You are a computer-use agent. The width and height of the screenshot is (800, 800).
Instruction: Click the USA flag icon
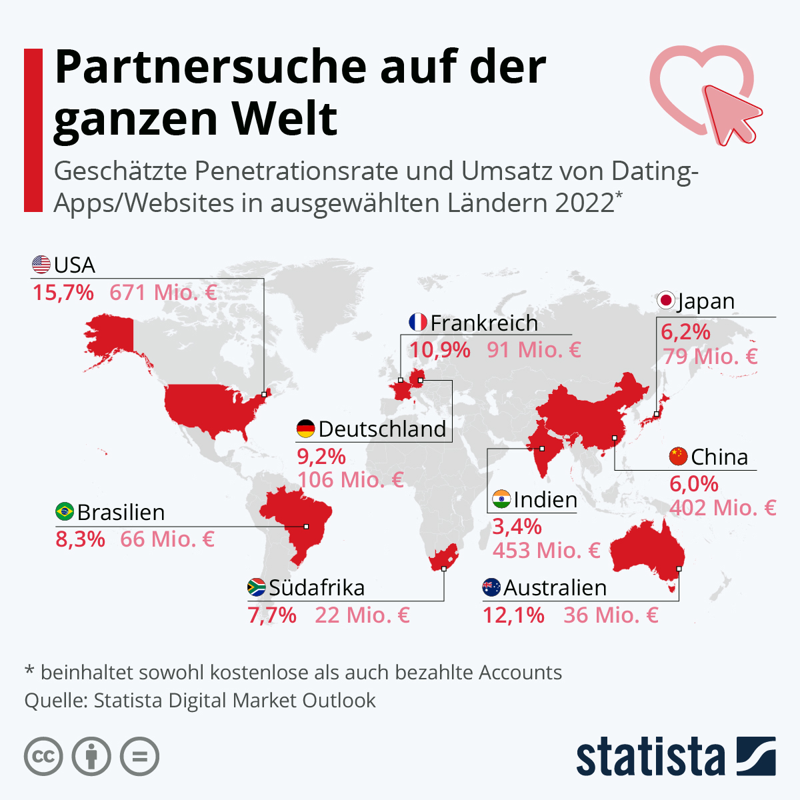(41, 265)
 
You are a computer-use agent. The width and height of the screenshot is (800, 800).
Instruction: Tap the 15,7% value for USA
(63, 292)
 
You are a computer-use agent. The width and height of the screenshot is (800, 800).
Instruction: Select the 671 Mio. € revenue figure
(163, 292)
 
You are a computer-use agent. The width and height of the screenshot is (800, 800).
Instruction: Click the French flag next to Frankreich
(417, 322)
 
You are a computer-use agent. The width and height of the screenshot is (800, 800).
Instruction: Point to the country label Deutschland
(383, 429)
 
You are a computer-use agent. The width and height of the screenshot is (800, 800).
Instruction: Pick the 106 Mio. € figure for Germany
(351, 479)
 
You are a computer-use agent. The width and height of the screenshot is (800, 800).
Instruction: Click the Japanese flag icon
(666, 300)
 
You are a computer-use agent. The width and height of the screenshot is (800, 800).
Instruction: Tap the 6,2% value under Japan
(685, 332)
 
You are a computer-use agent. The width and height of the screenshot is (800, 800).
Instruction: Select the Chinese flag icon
(679, 456)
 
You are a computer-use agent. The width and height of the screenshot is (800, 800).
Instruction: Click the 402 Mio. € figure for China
(723, 507)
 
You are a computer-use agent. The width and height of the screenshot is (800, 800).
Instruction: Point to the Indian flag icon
(501, 499)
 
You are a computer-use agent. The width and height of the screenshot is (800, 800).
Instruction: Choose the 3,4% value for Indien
(517, 527)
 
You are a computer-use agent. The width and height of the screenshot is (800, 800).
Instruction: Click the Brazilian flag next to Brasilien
(65, 511)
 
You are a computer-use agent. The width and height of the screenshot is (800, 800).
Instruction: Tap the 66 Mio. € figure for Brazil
(167, 539)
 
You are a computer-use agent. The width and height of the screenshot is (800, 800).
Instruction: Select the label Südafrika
(317, 587)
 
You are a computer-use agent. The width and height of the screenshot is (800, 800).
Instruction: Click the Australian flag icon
(491, 587)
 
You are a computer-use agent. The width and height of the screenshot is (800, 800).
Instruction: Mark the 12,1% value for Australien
(513, 615)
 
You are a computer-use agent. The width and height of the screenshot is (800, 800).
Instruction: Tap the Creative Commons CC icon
(43, 757)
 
